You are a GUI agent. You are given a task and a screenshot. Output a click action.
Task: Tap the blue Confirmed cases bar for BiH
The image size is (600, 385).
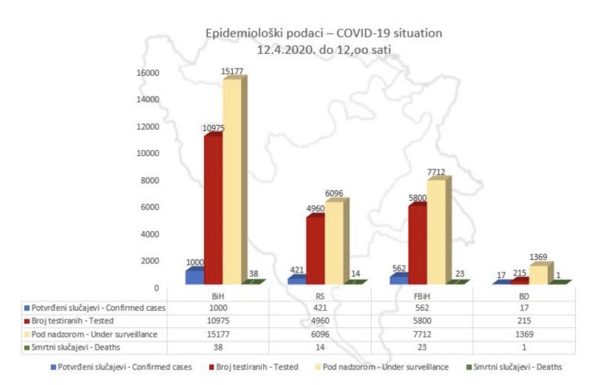tap(194, 276)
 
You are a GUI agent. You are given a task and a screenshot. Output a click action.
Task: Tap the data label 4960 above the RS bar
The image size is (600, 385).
tap(315, 208)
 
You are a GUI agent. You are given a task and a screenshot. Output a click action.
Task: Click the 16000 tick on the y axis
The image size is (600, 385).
tap(148, 73)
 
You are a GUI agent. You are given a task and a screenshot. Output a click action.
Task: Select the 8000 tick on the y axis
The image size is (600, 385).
tap(150, 180)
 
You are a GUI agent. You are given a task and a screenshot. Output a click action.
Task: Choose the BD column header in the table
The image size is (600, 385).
tap(523, 296)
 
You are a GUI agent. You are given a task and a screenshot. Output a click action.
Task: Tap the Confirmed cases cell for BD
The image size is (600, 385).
tap(523, 308)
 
